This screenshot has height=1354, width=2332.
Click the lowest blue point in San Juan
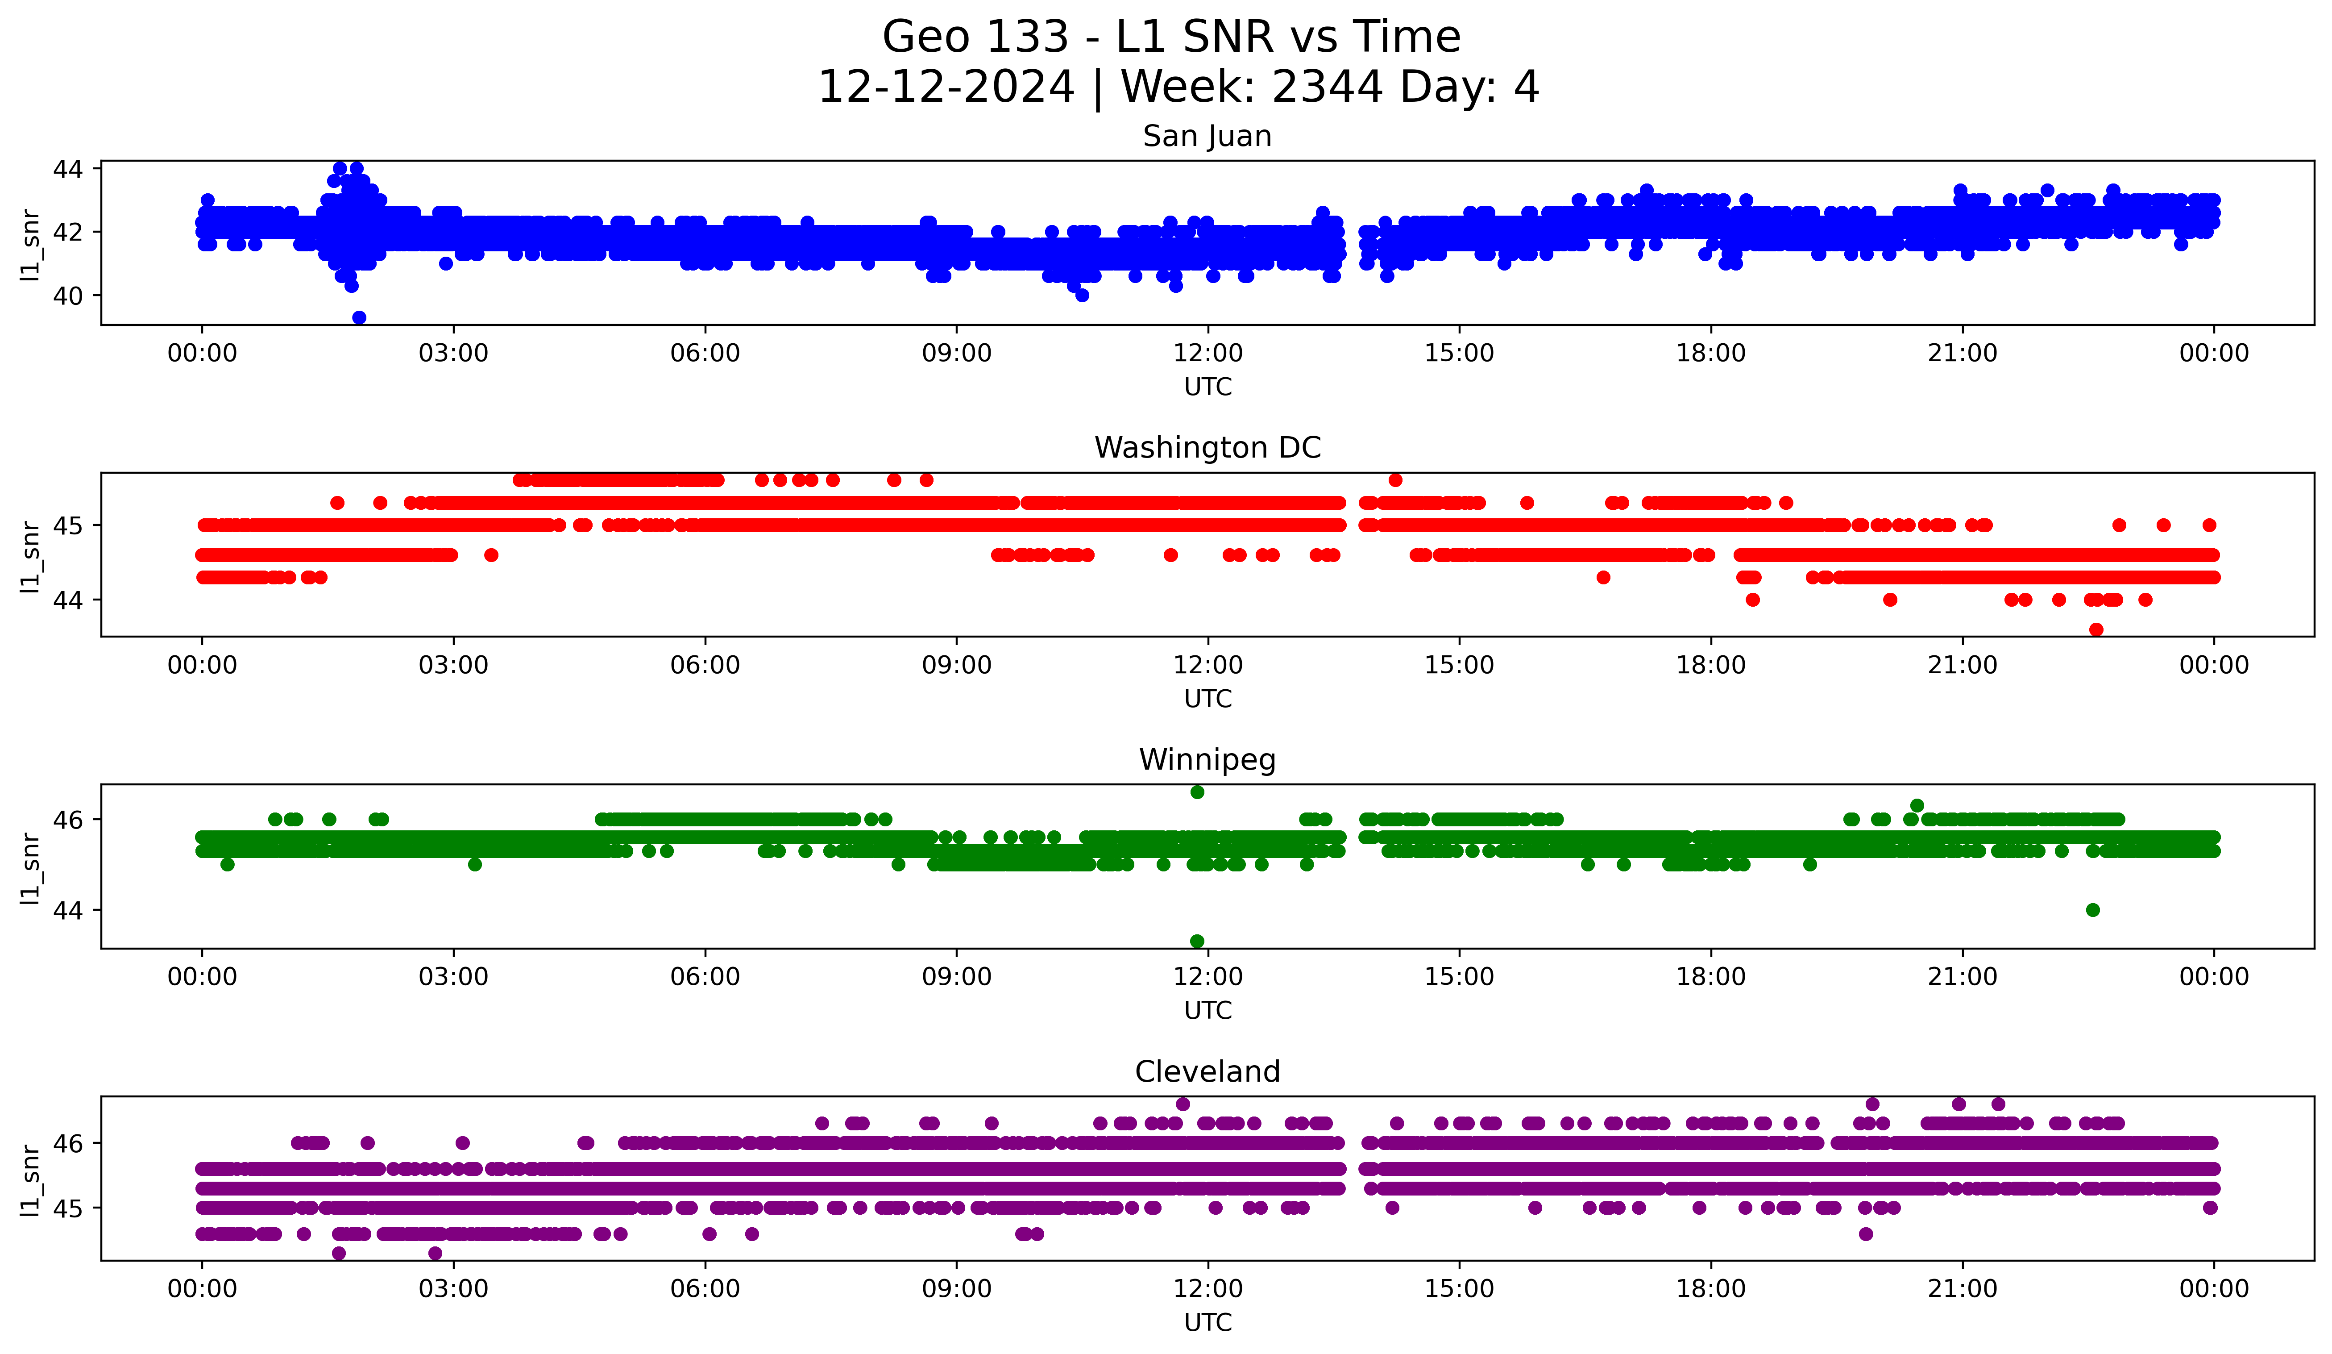coord(359,317)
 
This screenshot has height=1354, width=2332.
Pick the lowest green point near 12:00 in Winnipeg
coord(1196,941)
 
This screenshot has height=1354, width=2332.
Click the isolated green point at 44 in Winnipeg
coord(2092,910)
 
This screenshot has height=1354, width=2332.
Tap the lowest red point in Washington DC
coord(2096,629)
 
